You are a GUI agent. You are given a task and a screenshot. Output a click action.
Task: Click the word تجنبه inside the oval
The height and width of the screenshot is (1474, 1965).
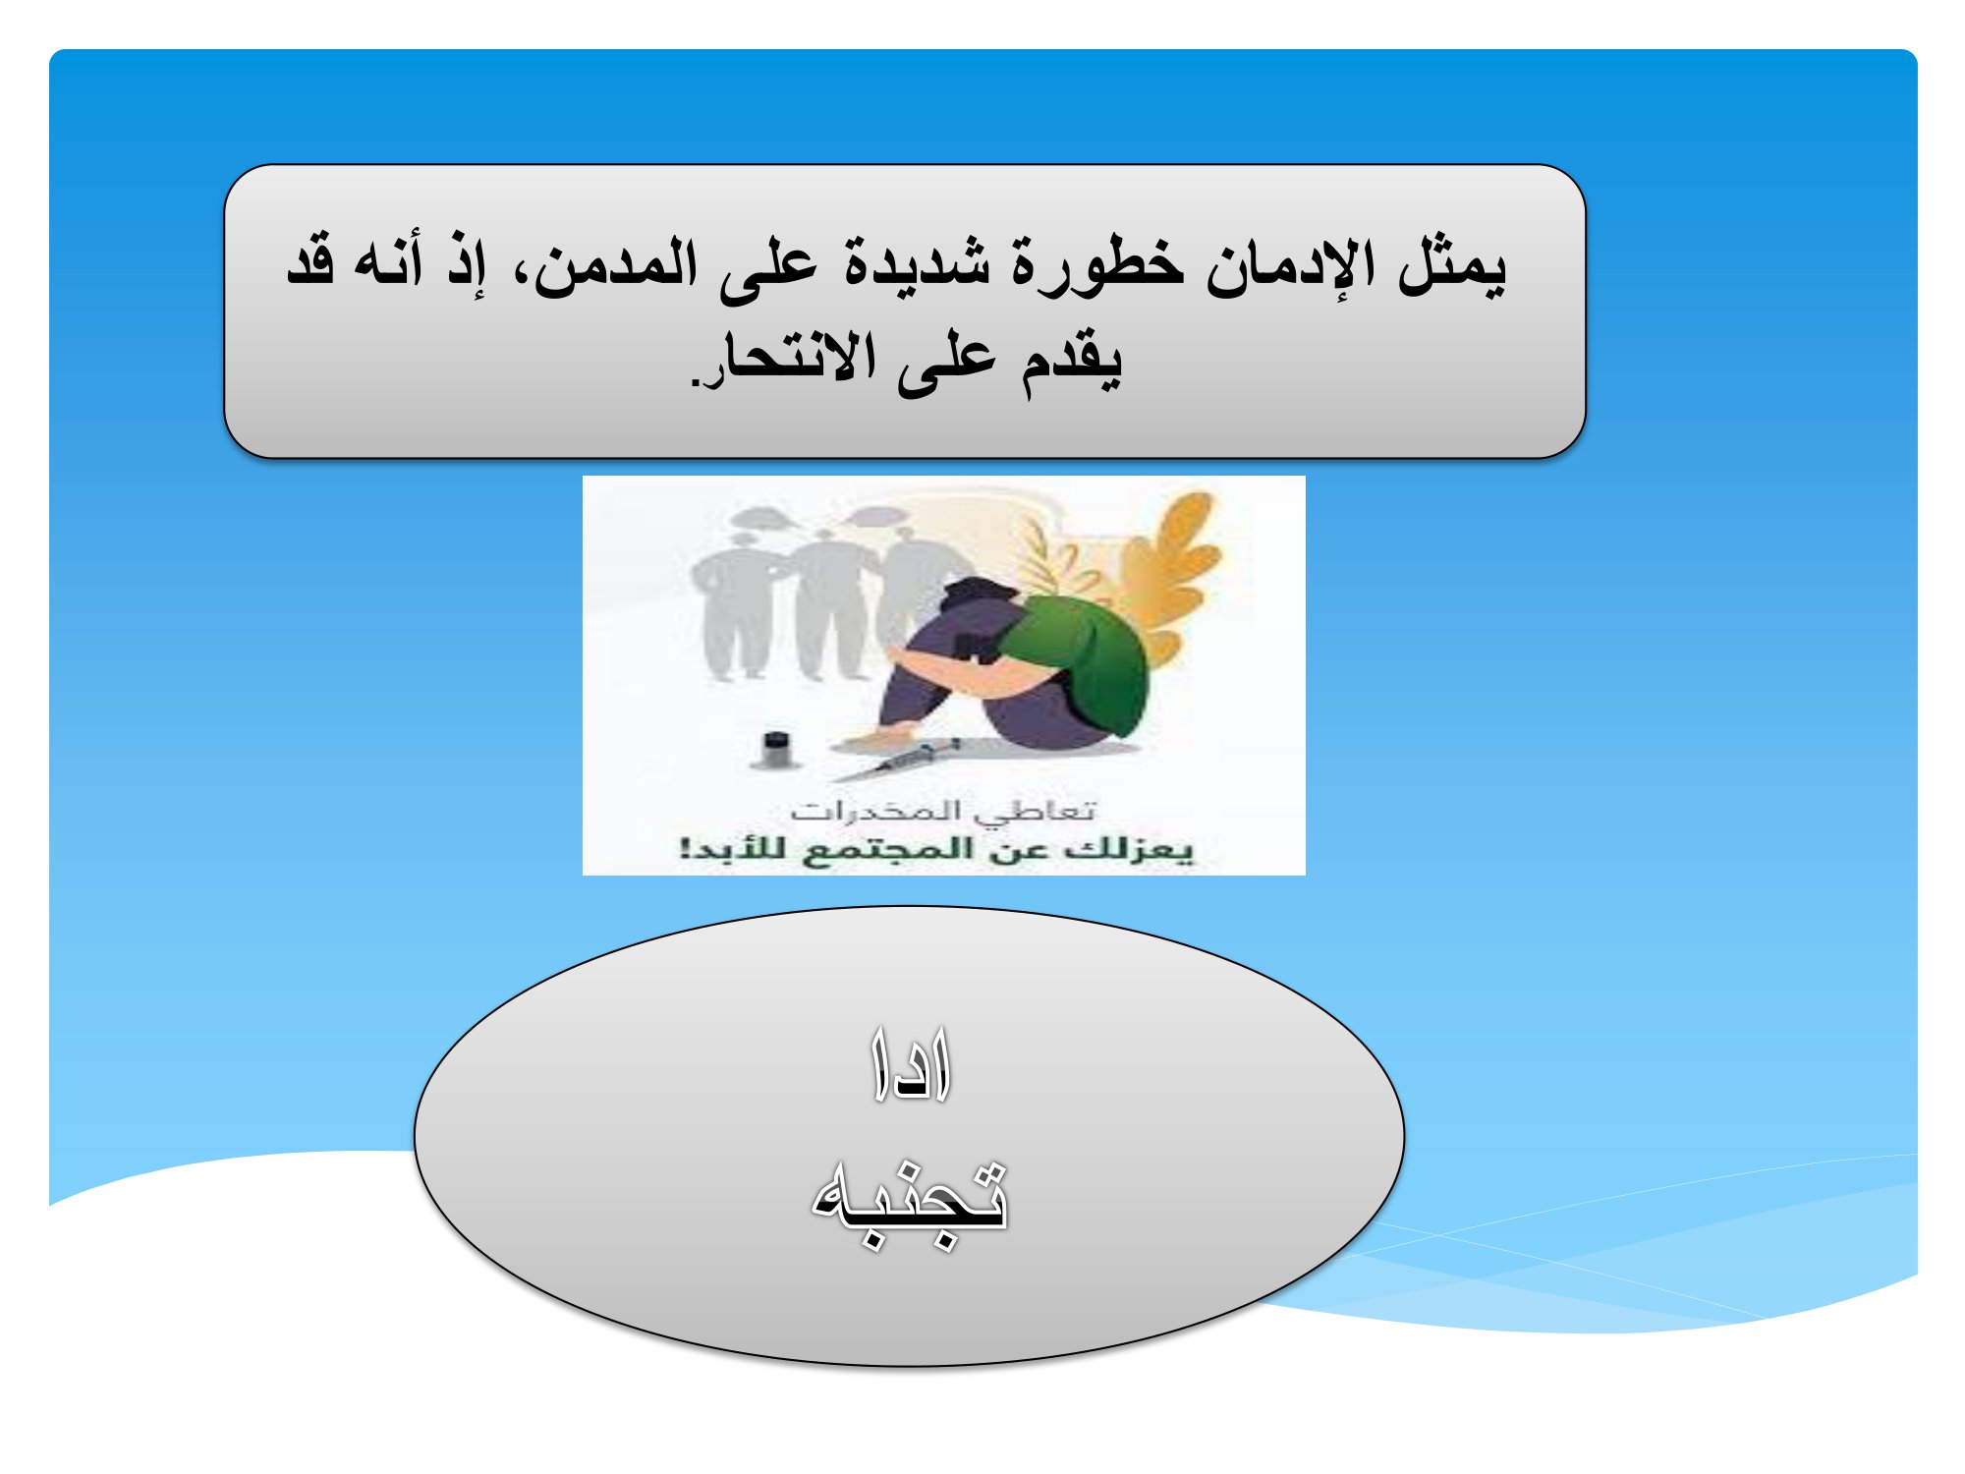coord(910,1203)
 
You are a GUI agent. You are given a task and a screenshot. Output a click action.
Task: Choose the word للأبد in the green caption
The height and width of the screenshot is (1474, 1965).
coord(733,847)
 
